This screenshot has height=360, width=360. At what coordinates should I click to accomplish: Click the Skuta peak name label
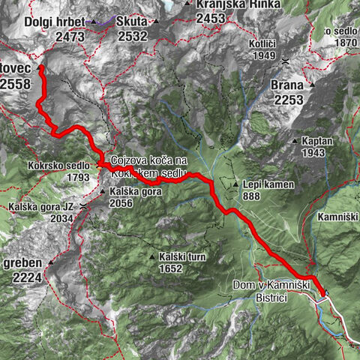[133, 22]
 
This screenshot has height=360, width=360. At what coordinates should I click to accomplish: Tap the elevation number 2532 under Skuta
[133, 35]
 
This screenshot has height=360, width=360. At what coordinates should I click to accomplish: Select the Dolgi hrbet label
[59, 22]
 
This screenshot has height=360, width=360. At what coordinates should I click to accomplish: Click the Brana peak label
[288, 85]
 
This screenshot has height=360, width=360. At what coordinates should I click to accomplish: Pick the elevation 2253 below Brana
[288, 99]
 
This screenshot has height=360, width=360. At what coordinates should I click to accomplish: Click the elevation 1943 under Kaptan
[316, 152]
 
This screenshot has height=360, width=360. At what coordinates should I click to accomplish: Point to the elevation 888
[251, 196]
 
